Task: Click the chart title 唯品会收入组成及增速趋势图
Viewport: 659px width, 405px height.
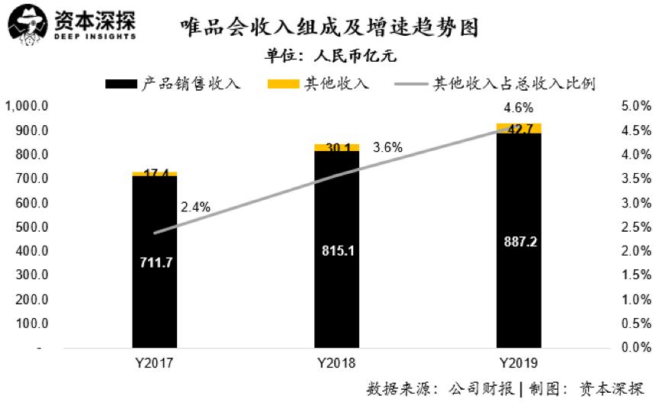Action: coord(329,28)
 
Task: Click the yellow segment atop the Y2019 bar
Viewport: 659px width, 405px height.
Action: coord(519,127)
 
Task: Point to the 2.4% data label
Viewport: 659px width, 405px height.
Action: coord(196,207)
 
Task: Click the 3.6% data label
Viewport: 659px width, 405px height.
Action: coord(387,147)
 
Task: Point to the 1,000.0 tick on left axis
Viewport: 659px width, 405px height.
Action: coord(27,106)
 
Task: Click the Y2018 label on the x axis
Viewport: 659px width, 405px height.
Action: coord(336,362)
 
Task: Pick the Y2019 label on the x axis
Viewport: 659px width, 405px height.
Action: coord(518,362)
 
